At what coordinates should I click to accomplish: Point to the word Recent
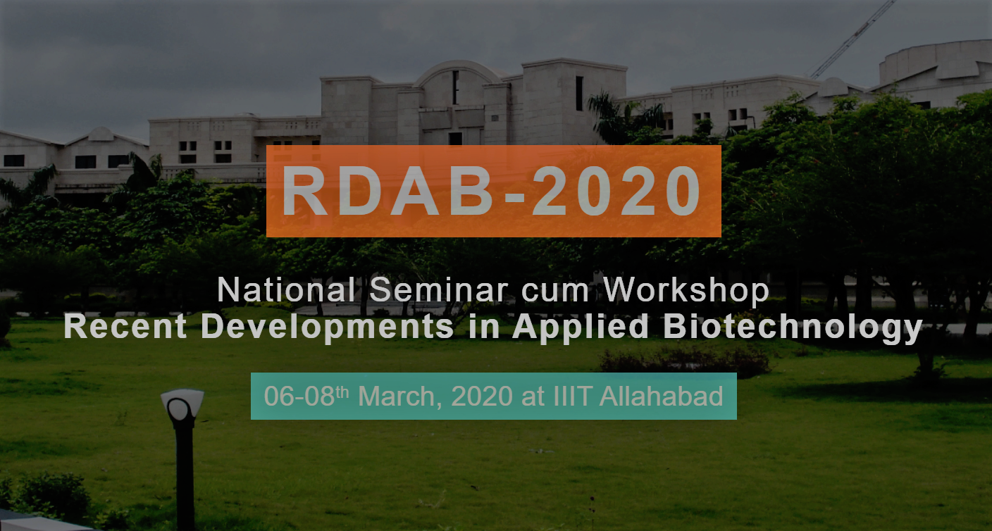125,327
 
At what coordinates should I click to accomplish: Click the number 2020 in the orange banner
616,192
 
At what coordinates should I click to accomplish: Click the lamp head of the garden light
182,407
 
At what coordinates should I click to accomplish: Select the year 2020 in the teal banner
483,396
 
